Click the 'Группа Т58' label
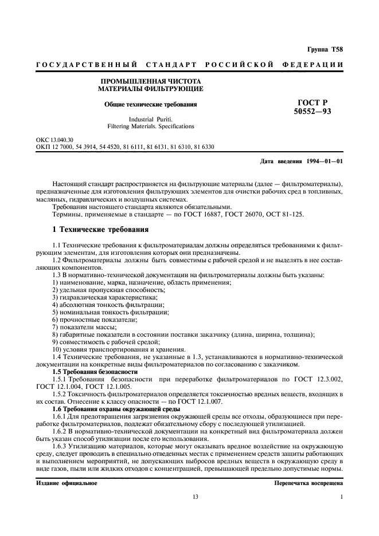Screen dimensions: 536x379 point(325,52)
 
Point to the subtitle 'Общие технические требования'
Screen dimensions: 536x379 point(150,105)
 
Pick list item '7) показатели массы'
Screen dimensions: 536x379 point(84,326)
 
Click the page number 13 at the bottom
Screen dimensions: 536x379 point(195,497)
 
